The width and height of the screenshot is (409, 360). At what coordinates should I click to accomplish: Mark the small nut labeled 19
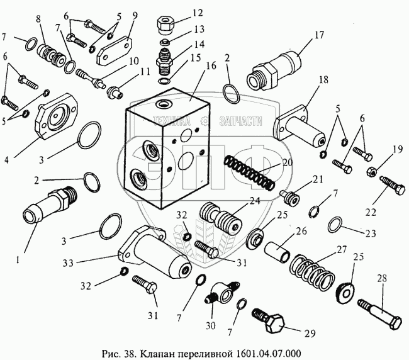[x=371, y=171]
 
